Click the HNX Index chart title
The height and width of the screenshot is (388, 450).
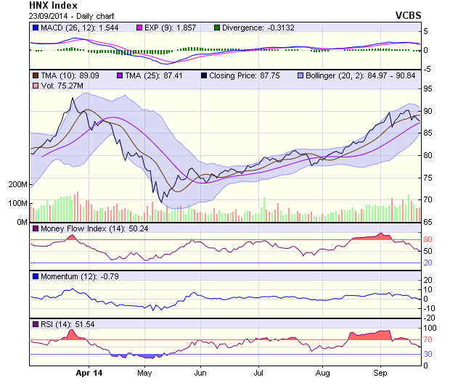click(53, 5)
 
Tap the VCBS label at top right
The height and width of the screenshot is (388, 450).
click(408, 15)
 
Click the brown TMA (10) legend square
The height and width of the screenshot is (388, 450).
click(36, 75)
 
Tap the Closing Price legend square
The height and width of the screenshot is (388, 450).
click(204, 75)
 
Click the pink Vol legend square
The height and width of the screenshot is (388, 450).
click(36, 86)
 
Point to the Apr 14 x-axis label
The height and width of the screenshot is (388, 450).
click(89, 373)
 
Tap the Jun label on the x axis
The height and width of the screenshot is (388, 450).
click(201, 373)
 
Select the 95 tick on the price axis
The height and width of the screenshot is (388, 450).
click(429, 88)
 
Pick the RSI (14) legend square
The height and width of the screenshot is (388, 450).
click(36, 323)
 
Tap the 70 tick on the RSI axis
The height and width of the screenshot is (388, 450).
click(429, 339)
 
